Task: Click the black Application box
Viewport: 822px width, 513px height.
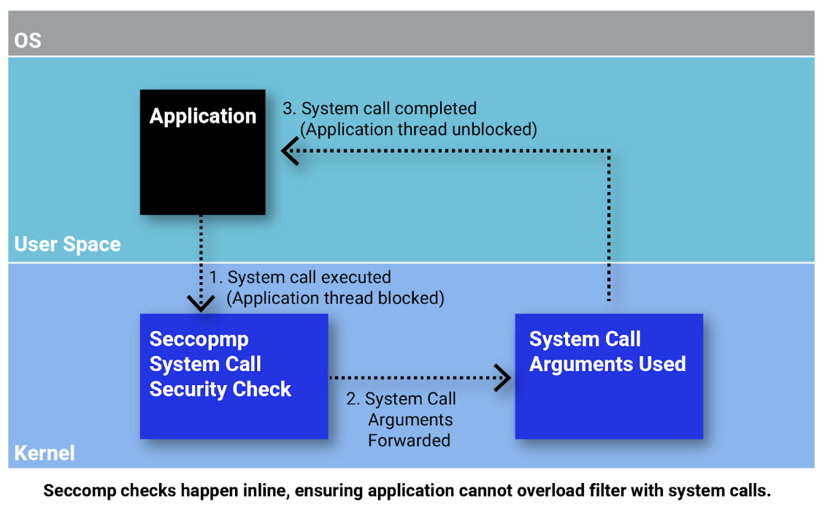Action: point(202,152)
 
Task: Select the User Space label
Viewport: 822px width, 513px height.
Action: point(67,244)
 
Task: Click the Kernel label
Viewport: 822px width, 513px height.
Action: point(44,452)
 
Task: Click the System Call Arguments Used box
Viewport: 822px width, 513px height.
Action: point(609,395)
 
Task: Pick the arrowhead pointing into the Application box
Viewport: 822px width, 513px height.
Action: point(290,153)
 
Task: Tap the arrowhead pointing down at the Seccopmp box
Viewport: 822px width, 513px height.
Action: point(200,303)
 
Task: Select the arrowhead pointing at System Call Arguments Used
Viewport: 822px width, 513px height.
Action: point(503,378)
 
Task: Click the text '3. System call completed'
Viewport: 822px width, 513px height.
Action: point(380,109)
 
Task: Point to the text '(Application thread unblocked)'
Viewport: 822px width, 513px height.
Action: point(418,129)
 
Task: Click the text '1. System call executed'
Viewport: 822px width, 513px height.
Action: point(300,278)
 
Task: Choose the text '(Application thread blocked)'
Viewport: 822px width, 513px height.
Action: point(334,298)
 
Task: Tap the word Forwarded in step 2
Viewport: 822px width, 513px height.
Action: point(409,440)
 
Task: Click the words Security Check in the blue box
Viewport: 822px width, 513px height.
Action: point(220,389)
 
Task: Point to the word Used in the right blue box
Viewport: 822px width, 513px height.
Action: point(659,364)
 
